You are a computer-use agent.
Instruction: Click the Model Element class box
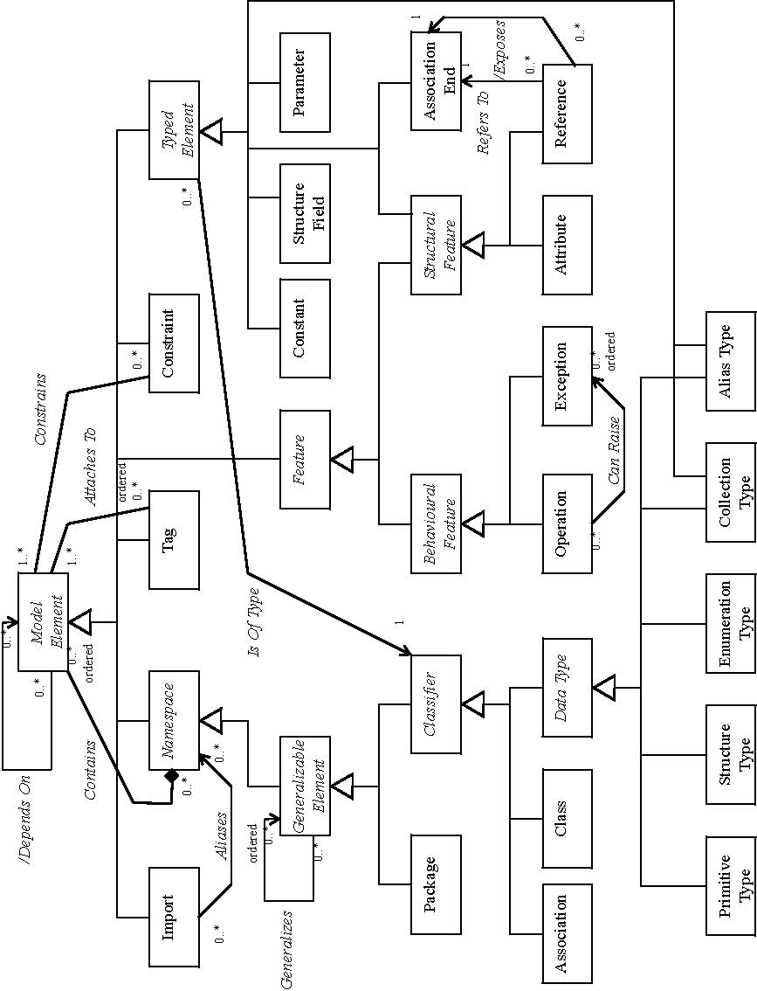[43, 621]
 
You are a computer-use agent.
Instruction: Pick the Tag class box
[174, 538]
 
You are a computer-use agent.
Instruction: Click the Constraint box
[174, 343]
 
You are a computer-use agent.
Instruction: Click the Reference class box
[567, 114]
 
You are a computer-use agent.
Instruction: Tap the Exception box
[567, 376]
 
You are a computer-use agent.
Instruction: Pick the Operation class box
[567, 523]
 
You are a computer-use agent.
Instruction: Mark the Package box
[437, 884]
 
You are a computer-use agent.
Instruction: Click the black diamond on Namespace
[172, 775]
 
